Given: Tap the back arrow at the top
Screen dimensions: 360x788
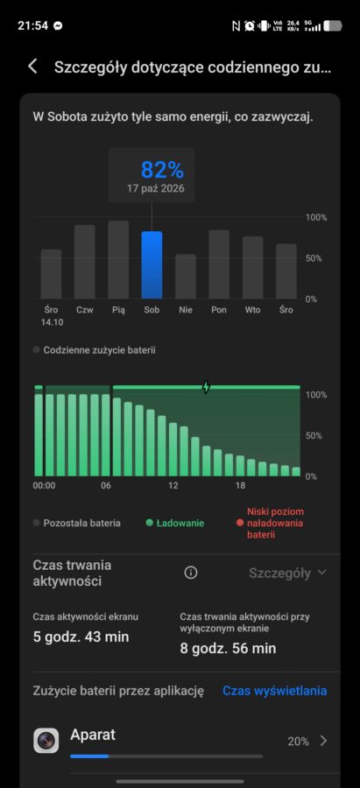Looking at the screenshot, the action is [x=32, y=67].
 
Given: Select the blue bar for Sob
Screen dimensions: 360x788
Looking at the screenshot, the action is [x=152, y=264].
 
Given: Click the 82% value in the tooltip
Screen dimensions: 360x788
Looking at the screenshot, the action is [x=162, y=170].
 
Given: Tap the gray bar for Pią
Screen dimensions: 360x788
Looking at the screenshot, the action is [x=118, y=259].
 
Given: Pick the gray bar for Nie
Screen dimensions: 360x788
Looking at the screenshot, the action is [x=186, y=277].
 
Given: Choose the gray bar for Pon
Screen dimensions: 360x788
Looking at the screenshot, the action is [x=219, y=264].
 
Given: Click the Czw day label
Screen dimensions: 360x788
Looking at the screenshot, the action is [x=84, y=310].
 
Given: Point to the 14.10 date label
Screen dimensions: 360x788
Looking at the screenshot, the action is [x=52, y=322].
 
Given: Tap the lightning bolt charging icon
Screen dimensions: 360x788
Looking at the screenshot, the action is [x=206, y=387].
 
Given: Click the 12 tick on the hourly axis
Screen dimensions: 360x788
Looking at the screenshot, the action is [x=173, y=486].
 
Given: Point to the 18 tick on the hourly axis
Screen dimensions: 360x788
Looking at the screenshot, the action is [x=240, y=486].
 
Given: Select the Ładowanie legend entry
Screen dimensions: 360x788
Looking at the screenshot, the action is [x=174, y=524].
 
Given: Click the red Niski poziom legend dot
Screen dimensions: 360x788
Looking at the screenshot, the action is [x=240, y=524].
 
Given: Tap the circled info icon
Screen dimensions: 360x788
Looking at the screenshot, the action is [x=191, y=573].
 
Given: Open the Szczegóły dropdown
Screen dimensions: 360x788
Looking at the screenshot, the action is [x=287, y=573].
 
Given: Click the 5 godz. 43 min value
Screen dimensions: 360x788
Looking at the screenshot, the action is [x=81, y=637].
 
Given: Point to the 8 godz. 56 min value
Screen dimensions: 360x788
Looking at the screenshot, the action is [x=229, y=648].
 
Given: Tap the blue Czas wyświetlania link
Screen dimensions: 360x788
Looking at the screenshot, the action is [x=274, y=691].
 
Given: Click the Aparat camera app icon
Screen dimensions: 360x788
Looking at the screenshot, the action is [x=46, y=740].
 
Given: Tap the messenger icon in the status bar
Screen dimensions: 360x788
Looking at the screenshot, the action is [x=59, y=25].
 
